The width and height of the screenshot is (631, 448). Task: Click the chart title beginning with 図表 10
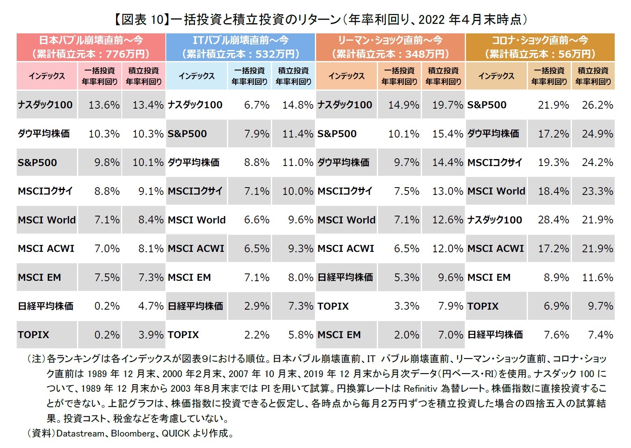point(320,19)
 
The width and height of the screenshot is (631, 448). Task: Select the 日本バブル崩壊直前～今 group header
point(91,47)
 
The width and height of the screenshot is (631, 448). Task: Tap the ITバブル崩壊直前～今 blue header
point(240,47)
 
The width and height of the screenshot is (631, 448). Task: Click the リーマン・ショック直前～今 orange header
point(390,47)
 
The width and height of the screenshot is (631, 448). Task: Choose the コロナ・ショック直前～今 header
point(540,47)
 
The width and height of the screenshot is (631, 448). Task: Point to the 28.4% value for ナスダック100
point(553,220)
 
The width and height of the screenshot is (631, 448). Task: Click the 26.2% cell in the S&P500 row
point(597,105)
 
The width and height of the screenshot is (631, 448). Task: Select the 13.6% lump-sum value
point(104,105)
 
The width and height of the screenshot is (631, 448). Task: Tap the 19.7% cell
point(447,105)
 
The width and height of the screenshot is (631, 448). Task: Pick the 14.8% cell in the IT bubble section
point(298,105)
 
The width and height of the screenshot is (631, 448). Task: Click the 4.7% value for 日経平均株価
point(151,306)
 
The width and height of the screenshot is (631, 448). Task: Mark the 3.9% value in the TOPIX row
point(151,335)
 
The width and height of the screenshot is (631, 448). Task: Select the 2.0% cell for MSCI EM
point(406,335)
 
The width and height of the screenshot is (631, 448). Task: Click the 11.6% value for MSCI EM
point(597,278)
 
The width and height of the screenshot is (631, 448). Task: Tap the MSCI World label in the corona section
point(496,191)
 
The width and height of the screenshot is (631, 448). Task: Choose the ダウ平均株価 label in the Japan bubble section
point(44,134)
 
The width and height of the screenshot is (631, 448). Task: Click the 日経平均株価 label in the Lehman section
point(345,278)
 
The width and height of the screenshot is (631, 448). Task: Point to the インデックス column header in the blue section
point(196,76)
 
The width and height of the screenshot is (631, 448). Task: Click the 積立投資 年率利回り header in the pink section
point(143,76)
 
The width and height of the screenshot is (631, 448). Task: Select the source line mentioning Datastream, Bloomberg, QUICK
point(130,433)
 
